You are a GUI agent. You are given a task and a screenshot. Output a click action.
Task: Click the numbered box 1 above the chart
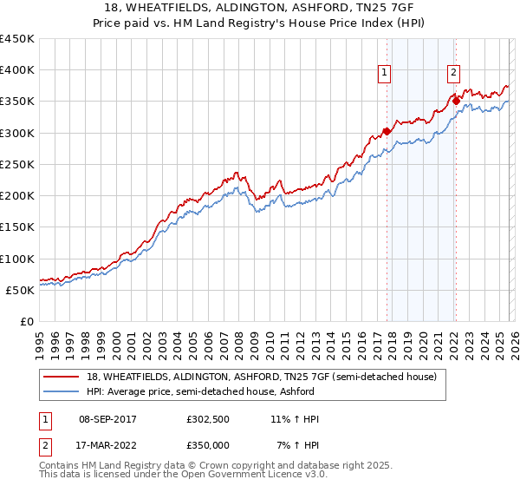384,74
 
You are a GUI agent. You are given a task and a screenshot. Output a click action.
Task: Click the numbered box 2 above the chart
453,74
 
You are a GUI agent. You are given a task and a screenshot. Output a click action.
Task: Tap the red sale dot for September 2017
387,132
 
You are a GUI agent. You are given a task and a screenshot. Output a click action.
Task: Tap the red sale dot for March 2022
456,102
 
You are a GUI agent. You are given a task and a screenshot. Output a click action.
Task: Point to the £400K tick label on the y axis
17,70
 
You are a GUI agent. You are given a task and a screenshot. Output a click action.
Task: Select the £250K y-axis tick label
17,164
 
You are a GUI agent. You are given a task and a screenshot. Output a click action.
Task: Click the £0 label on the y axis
27,321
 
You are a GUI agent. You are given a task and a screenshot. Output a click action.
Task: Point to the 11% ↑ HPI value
296,419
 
